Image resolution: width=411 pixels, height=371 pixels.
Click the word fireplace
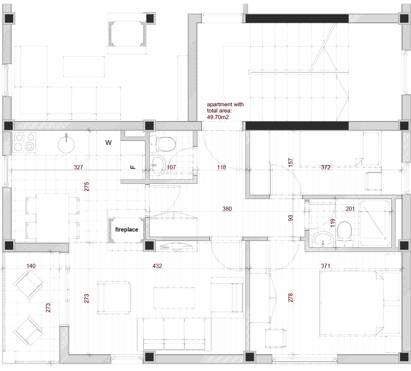click(x=126, y=229)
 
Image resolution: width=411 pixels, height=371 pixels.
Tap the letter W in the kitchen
click(x=108, y=143)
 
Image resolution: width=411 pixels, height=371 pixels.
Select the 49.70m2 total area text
click(x=218, y=117)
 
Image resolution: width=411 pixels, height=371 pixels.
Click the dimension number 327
click(x=79, y=167)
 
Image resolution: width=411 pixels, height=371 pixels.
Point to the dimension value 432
click(x=157, y=266)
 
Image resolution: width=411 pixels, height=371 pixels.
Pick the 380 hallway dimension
click(x=227, y=209)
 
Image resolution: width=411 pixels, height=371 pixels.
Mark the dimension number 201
click(x=350, y=209)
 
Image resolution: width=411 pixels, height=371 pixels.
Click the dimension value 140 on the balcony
click(x=31, y=266)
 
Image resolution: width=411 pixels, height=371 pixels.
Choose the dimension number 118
click(x=221, y=167)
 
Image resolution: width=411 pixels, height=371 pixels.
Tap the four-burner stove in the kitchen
click(x=24, y=143)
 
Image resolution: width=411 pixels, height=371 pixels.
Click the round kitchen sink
click(x=66, y=144)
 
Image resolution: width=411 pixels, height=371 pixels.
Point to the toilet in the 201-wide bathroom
click(x=344, y=235)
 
